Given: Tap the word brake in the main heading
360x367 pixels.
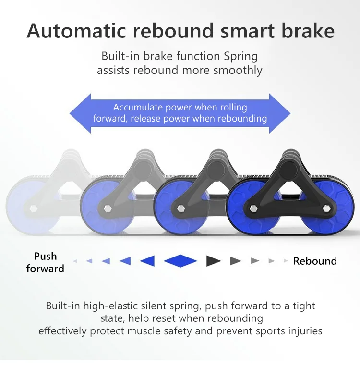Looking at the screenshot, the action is [x=308, y=31].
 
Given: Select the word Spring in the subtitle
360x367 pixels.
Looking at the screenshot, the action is [x=240, y=57].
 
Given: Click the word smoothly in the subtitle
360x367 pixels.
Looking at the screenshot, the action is [x=238, y=70].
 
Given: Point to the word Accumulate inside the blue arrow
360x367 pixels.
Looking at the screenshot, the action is [x=138, y=107].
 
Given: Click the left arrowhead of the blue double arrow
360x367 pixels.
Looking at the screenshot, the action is [x=80, y=113].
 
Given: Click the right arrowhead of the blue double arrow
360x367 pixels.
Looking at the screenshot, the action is [x=280, y=113].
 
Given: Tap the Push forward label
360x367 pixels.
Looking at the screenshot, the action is [x=45, y=262].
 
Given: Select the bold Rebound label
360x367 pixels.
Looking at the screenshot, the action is [x=315, y=261].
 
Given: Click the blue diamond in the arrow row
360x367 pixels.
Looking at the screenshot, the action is [x=180, y=261].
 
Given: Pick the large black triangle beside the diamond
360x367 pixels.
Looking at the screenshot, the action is [x=213, y=261].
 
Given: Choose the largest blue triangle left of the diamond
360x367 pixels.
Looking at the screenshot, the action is [x=148, y=261].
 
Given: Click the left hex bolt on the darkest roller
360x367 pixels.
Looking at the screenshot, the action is [x=253, y=208].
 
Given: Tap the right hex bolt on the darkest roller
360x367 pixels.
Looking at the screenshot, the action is [x=326, y=208].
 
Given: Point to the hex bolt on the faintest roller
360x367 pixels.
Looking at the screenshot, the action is [x=34, y=208].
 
